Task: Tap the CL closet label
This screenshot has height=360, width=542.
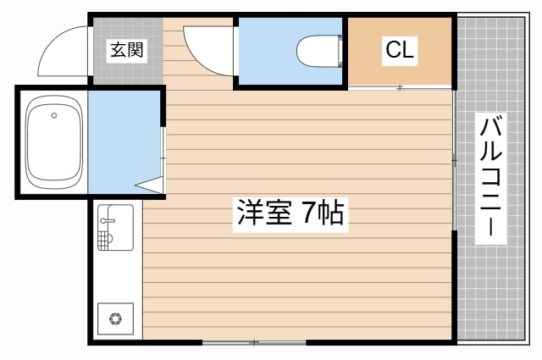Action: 400,50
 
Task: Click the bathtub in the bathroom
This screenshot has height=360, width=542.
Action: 53,142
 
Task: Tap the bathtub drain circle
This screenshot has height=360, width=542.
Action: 53,115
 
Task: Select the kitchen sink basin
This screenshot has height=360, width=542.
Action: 119,227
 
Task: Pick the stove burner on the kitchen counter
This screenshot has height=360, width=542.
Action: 113,319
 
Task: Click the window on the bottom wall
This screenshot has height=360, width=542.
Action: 254,342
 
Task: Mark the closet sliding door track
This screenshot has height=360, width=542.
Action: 400,87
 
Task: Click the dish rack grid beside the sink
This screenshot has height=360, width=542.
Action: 104,241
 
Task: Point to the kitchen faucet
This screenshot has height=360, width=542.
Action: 107,221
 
